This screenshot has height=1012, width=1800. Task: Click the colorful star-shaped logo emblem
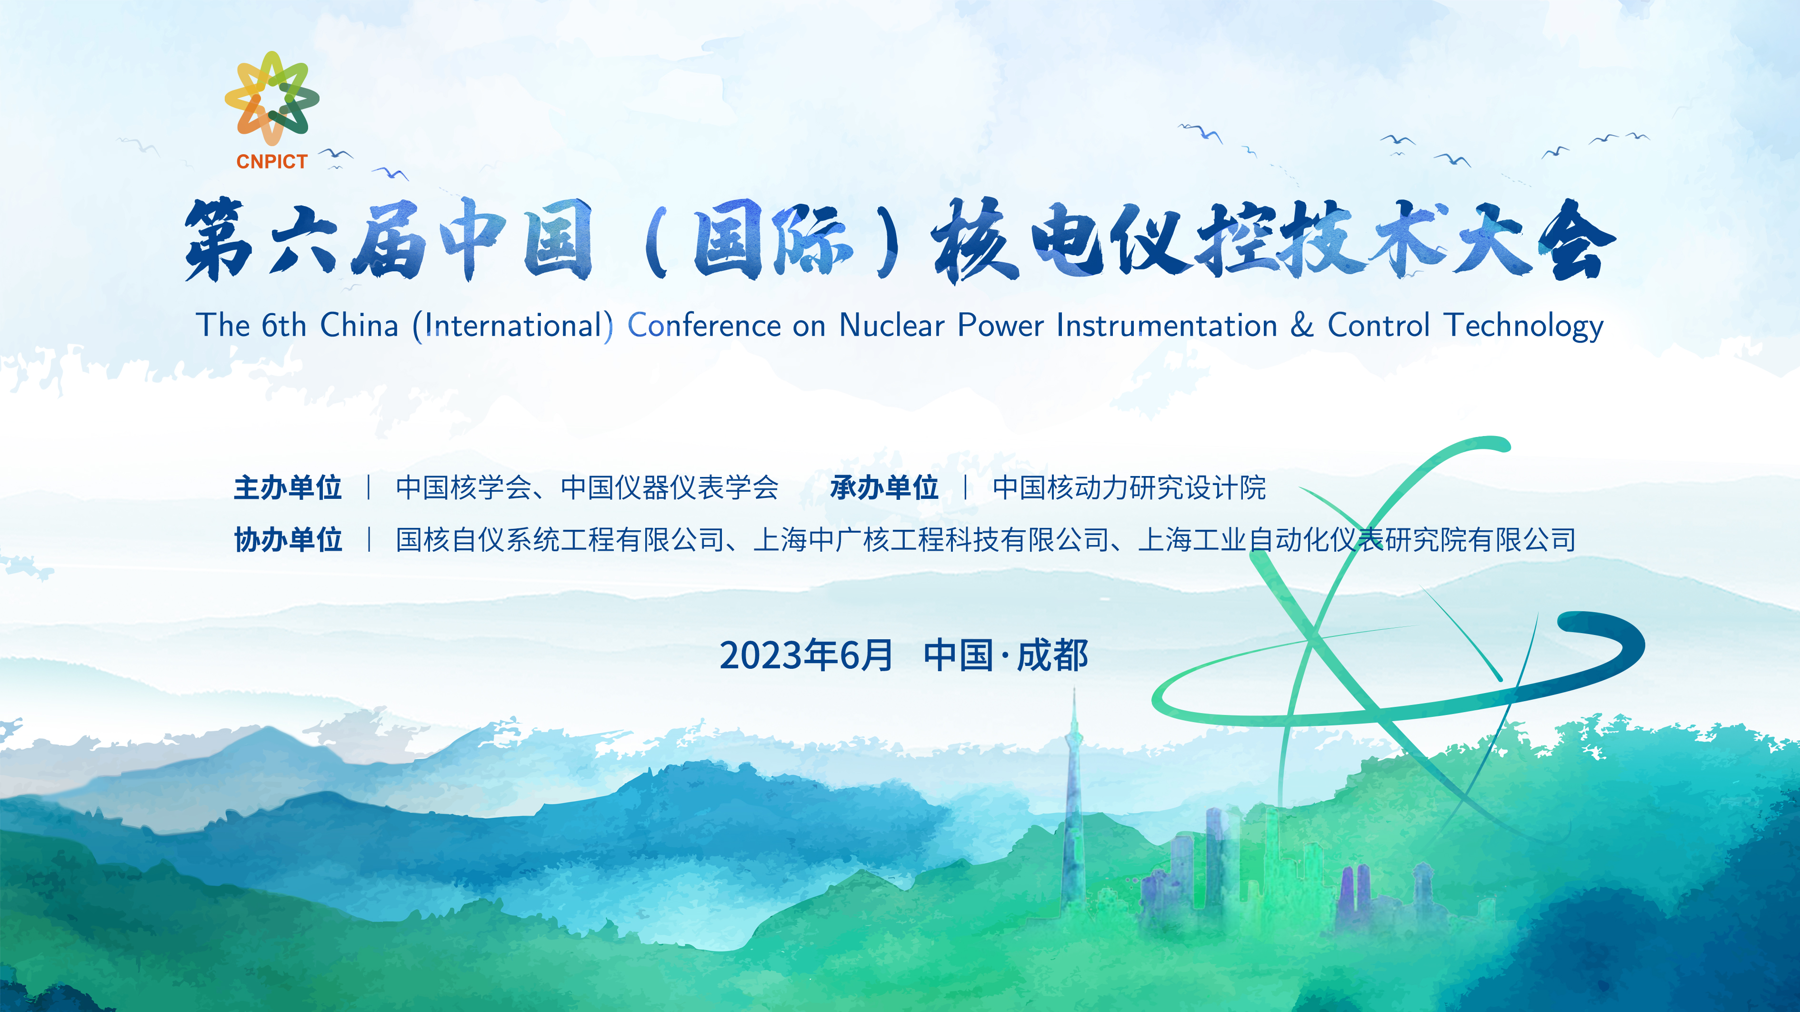(x=272, y=98)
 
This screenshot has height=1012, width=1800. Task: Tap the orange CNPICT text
(x=272, y=161)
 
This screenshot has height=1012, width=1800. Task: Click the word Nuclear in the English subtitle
(x=891, y=326)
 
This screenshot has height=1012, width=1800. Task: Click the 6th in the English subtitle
(x=284, y=326)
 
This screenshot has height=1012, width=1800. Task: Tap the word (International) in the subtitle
(x=513, y=326)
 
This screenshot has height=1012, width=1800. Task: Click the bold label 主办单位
(x=288, y=487)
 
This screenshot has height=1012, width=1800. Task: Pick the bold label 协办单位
(x=288, y=540)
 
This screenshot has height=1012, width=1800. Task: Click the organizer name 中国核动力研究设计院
(x=1129, y=487)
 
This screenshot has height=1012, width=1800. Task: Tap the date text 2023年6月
(x=806, y=655)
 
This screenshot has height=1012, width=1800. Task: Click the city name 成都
(x=1052, y=655)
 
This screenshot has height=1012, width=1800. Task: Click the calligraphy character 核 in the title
(x=973, y=241)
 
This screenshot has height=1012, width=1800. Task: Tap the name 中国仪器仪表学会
(x=670, y=487)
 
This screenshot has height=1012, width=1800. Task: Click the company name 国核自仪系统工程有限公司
(x=560, y=540)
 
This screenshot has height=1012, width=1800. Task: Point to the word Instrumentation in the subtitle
(x=1166, y=326)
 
